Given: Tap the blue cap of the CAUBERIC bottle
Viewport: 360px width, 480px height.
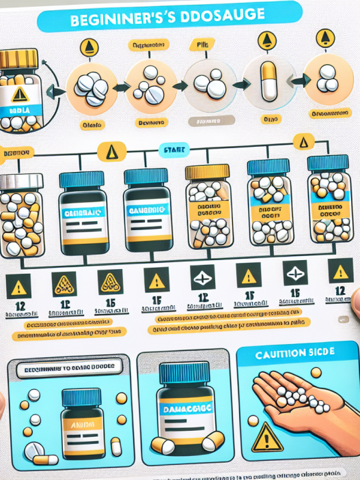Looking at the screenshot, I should pos(146,178).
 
